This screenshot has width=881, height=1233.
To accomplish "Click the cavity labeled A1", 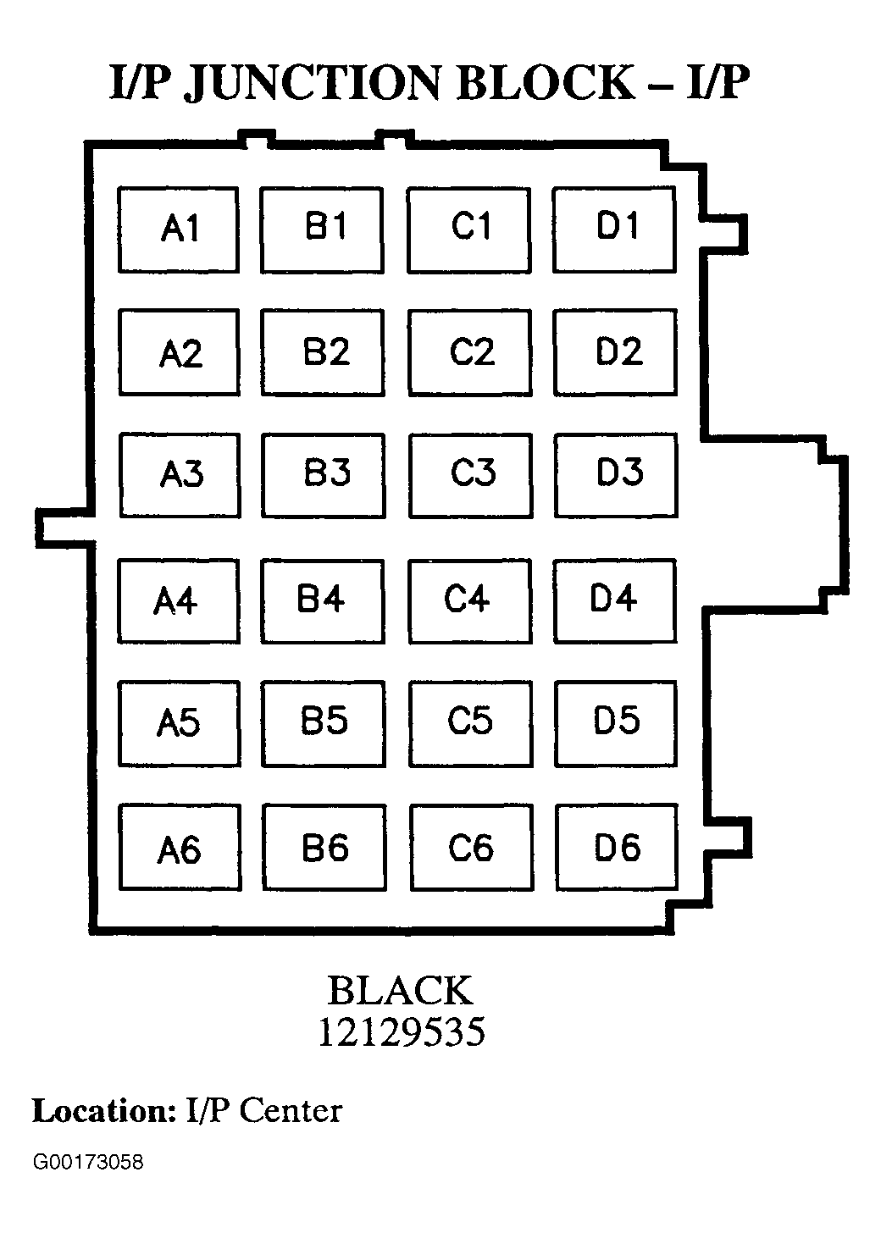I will [178, 229].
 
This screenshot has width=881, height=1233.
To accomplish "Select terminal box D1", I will [615, 229].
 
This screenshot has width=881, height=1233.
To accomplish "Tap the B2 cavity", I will [323, 352].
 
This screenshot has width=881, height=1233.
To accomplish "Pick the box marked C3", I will [471, 475].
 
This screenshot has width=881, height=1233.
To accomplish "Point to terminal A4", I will [178, 600].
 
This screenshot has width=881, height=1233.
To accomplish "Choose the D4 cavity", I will [615, 600].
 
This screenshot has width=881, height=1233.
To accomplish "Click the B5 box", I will [323, 722].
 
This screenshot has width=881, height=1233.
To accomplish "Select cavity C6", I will [471, 848].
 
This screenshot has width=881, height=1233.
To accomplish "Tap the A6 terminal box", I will [180, 849].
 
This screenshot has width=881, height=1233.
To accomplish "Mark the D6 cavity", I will [617, 848].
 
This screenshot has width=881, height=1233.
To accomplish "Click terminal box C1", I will [469, 229].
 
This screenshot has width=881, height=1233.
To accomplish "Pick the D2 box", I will [616, 352].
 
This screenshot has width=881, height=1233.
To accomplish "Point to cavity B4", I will [323, 600].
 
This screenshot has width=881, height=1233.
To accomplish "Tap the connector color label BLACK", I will [400, 991].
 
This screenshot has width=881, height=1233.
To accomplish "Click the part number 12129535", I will [401, 1032].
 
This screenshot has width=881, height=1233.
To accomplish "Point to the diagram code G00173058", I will [88, 1162].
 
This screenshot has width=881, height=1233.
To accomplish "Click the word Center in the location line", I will [291, 1111].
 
